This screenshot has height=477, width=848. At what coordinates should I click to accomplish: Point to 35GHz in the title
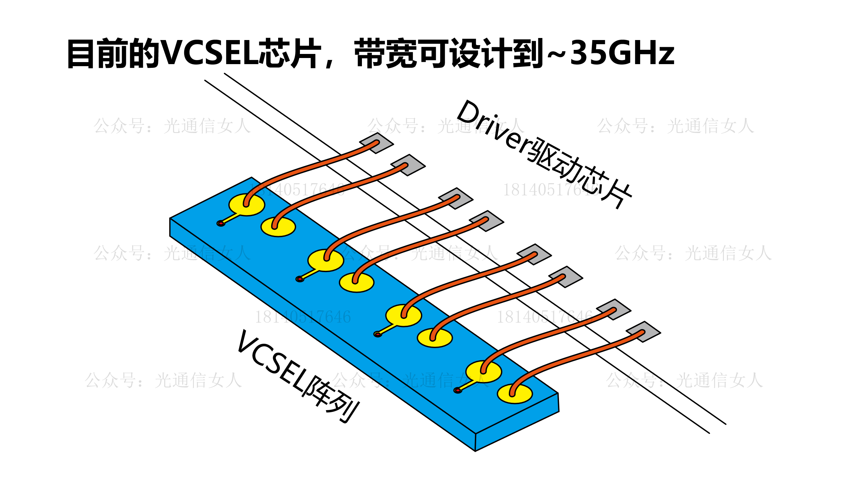(622, 53)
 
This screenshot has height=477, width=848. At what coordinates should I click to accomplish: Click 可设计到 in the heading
(482, 54)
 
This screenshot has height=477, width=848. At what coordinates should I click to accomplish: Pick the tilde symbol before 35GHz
(557, 54)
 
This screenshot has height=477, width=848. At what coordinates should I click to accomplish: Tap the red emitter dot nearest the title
(221, 223)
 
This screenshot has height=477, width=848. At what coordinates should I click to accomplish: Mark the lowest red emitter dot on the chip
(458, 390)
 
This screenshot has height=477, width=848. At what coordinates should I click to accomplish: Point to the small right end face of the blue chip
(517, 422)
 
